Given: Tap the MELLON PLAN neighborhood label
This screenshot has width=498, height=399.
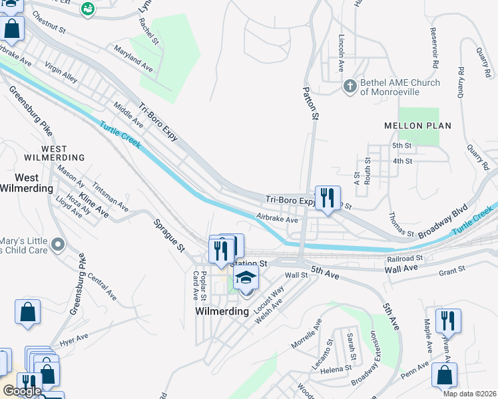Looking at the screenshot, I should coord(418,126).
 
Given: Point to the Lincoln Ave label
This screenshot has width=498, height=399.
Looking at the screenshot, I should coord(341,53).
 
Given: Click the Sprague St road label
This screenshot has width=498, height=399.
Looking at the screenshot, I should coord(168,235).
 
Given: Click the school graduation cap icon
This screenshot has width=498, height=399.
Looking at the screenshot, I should coord(246,277).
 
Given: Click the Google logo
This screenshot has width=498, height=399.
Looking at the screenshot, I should coord(22,391).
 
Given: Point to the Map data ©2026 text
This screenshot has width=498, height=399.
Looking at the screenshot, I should coord(469,394).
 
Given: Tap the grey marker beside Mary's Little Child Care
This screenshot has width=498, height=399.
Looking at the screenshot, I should coord(58,245).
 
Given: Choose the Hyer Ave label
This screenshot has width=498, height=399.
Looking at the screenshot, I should coord(73,341).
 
